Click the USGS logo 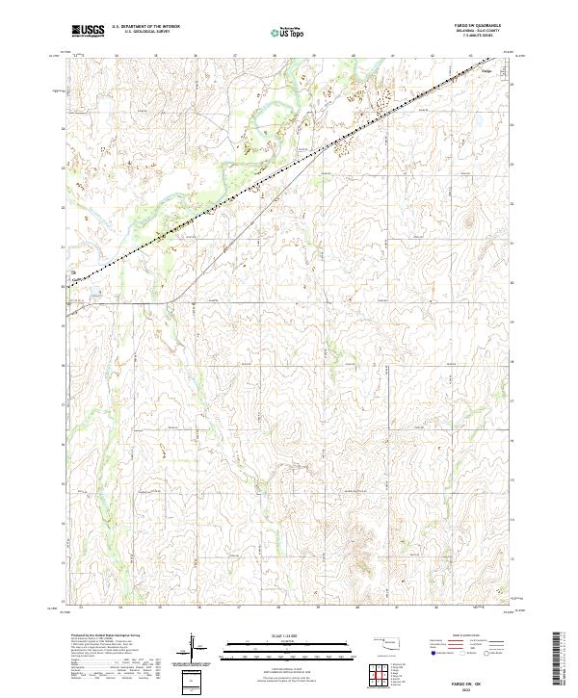[x=89, y=31]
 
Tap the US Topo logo [x=289, y=32]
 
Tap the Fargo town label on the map [x=486, y=70]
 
